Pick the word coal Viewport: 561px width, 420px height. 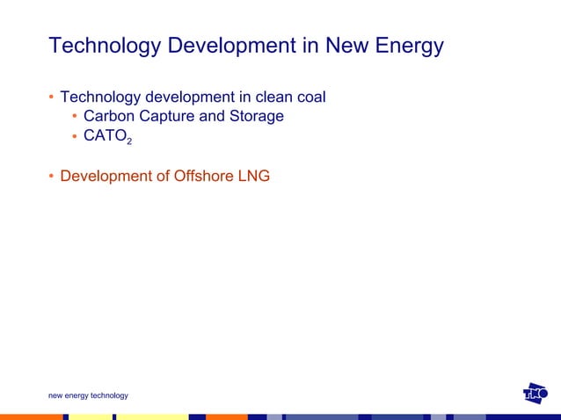(310, 96)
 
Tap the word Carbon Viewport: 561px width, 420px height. (109, 116)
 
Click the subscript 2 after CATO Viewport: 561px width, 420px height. (130, 141)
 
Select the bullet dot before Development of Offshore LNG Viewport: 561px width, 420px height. (52, 177)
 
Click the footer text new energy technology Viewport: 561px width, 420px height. (88, 395)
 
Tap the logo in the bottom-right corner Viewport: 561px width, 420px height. (535, 394)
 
